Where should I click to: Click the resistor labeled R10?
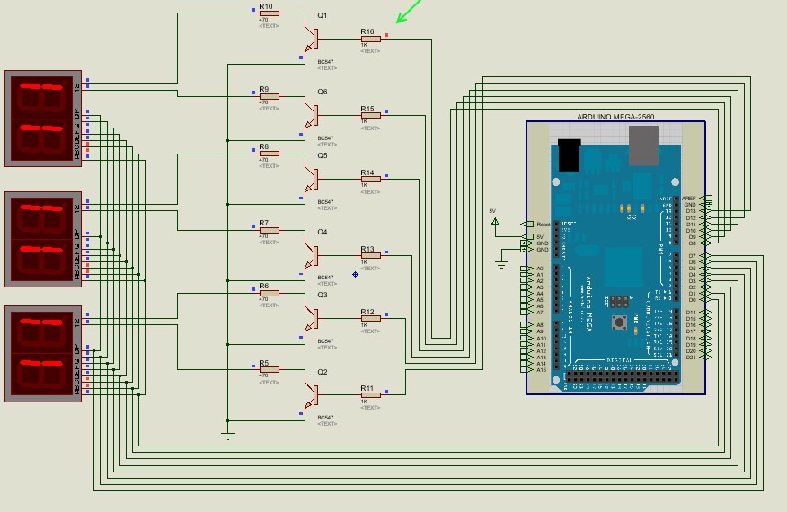[x=269, y=13]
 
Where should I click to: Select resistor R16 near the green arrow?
[x=370, y=39]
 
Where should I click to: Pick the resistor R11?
[x=370, y=394]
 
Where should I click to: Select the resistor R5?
[x=269, y=369]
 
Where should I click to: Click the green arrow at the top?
[x=409, y=11]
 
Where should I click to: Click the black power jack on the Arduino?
[x=569, y=154]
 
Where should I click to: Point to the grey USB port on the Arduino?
[x=643, y=146]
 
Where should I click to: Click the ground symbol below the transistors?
[x=228, y=436]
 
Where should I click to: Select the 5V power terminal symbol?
[x=493, y=218]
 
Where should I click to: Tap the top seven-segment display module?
[x=42, y=119]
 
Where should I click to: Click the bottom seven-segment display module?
[x=42, y=354]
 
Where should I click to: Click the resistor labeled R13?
[x=370, y=255]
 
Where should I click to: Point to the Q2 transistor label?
[x=323, y=371]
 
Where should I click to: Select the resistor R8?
[x=269, y=153]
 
